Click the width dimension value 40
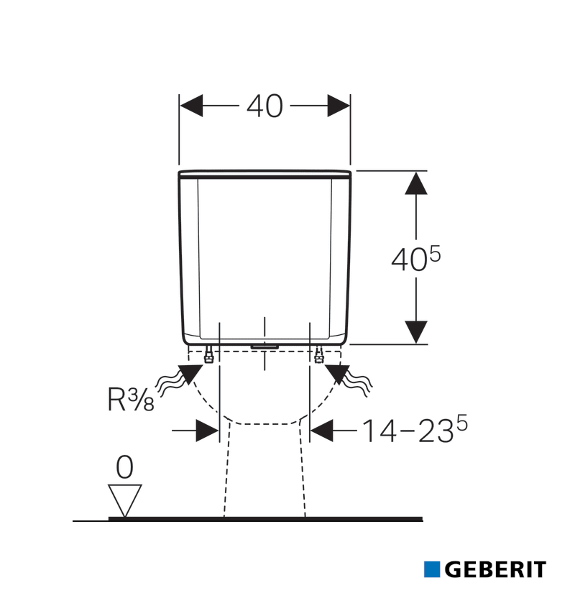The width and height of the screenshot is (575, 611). (264, 106)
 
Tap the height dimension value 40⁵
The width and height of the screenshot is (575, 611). (415, 258)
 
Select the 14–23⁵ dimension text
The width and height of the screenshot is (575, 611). (415, 429)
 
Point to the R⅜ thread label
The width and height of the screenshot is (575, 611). (131, 399)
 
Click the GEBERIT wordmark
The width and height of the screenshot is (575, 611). (495, 570)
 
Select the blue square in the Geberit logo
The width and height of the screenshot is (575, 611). (432, 569)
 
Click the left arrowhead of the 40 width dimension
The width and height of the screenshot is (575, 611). (191, 106)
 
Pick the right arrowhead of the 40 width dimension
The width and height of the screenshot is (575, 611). (339, 106)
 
